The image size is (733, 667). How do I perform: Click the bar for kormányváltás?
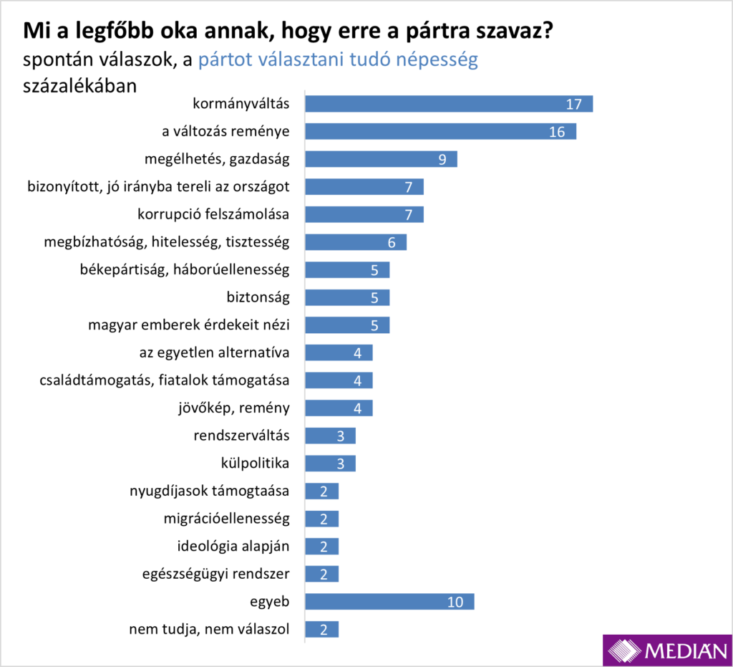pos(449,104)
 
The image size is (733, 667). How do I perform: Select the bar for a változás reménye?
pos(440,132)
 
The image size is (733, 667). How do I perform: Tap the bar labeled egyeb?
pos(389,602)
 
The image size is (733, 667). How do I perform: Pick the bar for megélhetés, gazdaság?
pos(381,159)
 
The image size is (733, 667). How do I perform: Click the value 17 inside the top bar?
pos(573,105)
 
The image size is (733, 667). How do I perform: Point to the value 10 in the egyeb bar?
pos(456,602)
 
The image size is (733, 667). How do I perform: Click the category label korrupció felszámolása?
pos(213,214)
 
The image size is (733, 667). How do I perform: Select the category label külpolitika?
pos(256,464)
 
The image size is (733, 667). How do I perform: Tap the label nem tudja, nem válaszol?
pos(209,630)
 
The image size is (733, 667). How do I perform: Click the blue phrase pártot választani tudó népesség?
pos(337,59)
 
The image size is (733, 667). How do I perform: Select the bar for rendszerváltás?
pos(330,436)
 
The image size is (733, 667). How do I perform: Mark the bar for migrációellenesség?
pos(321,519)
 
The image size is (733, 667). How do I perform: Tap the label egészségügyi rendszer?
pos(215,575)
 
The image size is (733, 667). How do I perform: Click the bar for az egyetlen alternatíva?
pos(339,352)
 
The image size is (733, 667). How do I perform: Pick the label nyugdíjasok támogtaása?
pos(209,491)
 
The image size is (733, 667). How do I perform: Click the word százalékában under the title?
pos(80,85)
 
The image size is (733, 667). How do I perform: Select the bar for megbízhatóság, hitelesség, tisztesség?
pos(356,242)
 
